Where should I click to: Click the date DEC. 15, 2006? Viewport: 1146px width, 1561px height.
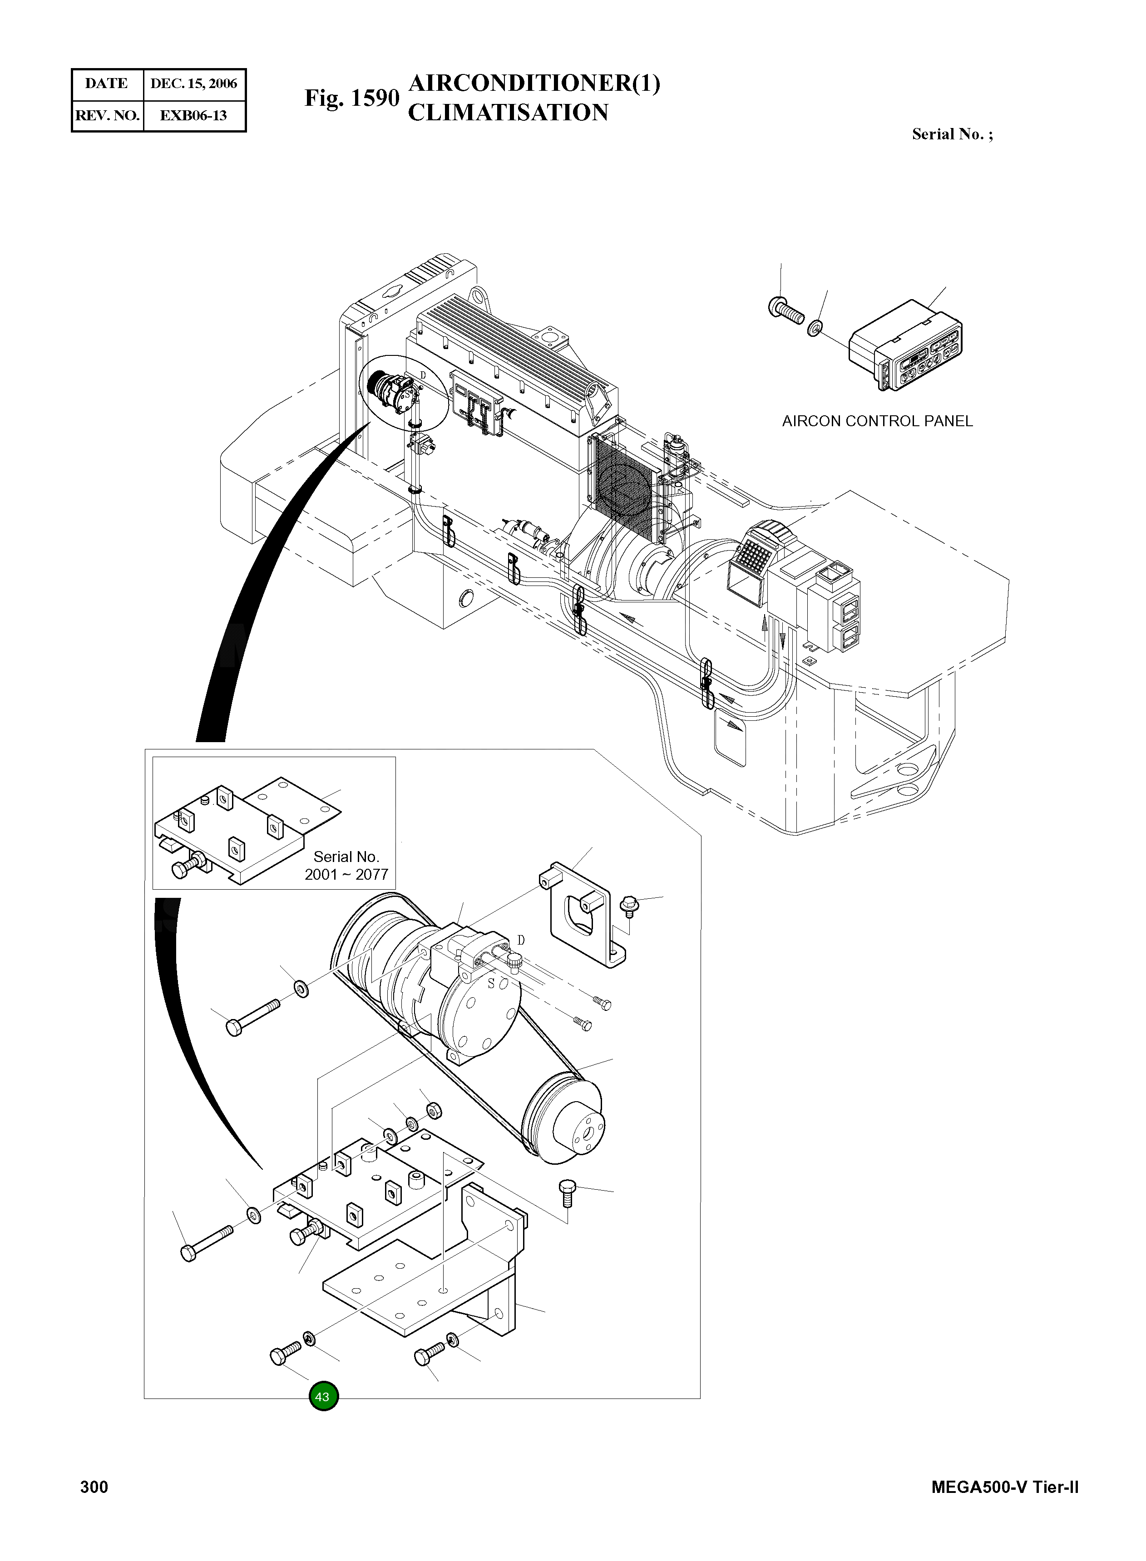(x=193, y=84)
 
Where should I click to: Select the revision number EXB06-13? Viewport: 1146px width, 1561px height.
(x=193, y=116)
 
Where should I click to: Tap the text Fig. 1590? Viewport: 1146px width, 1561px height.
(x=352, y=98)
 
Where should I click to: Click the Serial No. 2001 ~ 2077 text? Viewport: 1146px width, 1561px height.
(x=346, y=866)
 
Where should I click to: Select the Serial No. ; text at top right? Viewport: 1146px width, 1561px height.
(x=952, y=134)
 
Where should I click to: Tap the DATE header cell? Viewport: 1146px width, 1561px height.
(x=106, y=84)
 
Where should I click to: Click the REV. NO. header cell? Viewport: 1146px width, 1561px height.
(x=107, y=116)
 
